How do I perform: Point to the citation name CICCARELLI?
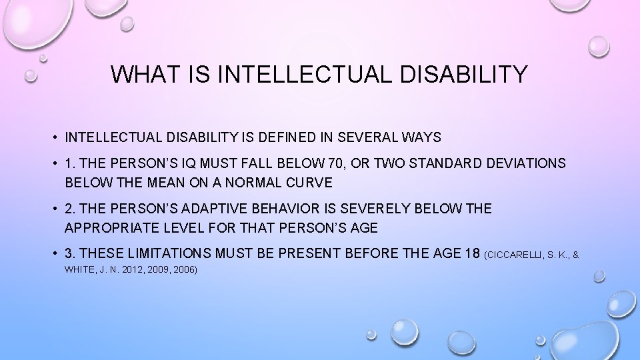click(x=516, y=255)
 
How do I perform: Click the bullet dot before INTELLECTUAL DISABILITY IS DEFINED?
click(x=55, y=138)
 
